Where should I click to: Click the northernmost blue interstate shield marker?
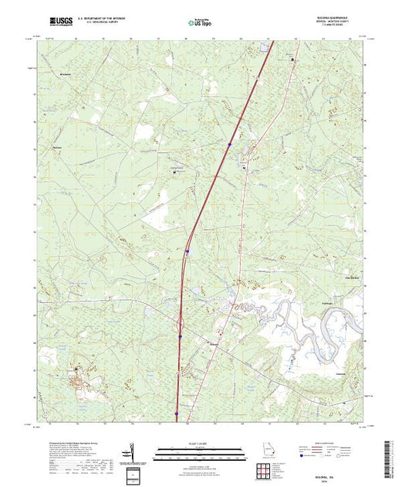coord(230,142)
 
